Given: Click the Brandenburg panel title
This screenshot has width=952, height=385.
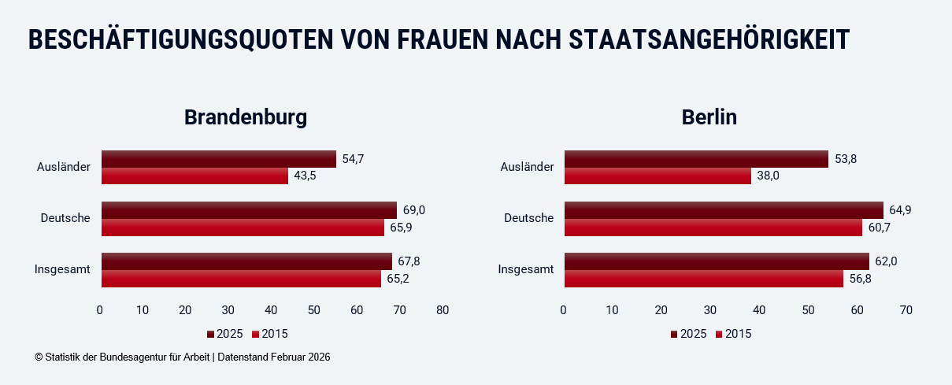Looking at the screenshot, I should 245,117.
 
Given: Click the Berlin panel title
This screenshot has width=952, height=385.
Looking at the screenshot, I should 709,117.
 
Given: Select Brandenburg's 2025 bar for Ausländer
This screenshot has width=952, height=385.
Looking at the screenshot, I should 218,159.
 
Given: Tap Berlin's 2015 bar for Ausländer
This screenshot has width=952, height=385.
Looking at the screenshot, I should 658,176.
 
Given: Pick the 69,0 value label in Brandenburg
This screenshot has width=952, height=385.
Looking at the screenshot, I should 414,210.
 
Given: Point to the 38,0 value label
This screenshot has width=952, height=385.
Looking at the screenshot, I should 768,176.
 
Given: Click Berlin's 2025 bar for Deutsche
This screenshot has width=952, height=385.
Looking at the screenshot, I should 724,210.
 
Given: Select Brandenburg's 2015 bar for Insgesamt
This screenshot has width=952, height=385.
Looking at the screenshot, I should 241,279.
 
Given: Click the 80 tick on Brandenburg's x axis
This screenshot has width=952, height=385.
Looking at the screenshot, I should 443,310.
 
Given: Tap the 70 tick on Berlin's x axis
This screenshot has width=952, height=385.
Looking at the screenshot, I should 906,310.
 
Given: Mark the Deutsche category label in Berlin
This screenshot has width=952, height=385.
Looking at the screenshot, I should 529,218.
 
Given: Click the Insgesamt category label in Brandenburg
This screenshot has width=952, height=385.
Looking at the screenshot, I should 62,269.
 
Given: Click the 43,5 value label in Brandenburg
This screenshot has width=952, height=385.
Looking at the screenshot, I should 306,176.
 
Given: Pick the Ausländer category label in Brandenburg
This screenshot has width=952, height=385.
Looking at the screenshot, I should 64,167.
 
